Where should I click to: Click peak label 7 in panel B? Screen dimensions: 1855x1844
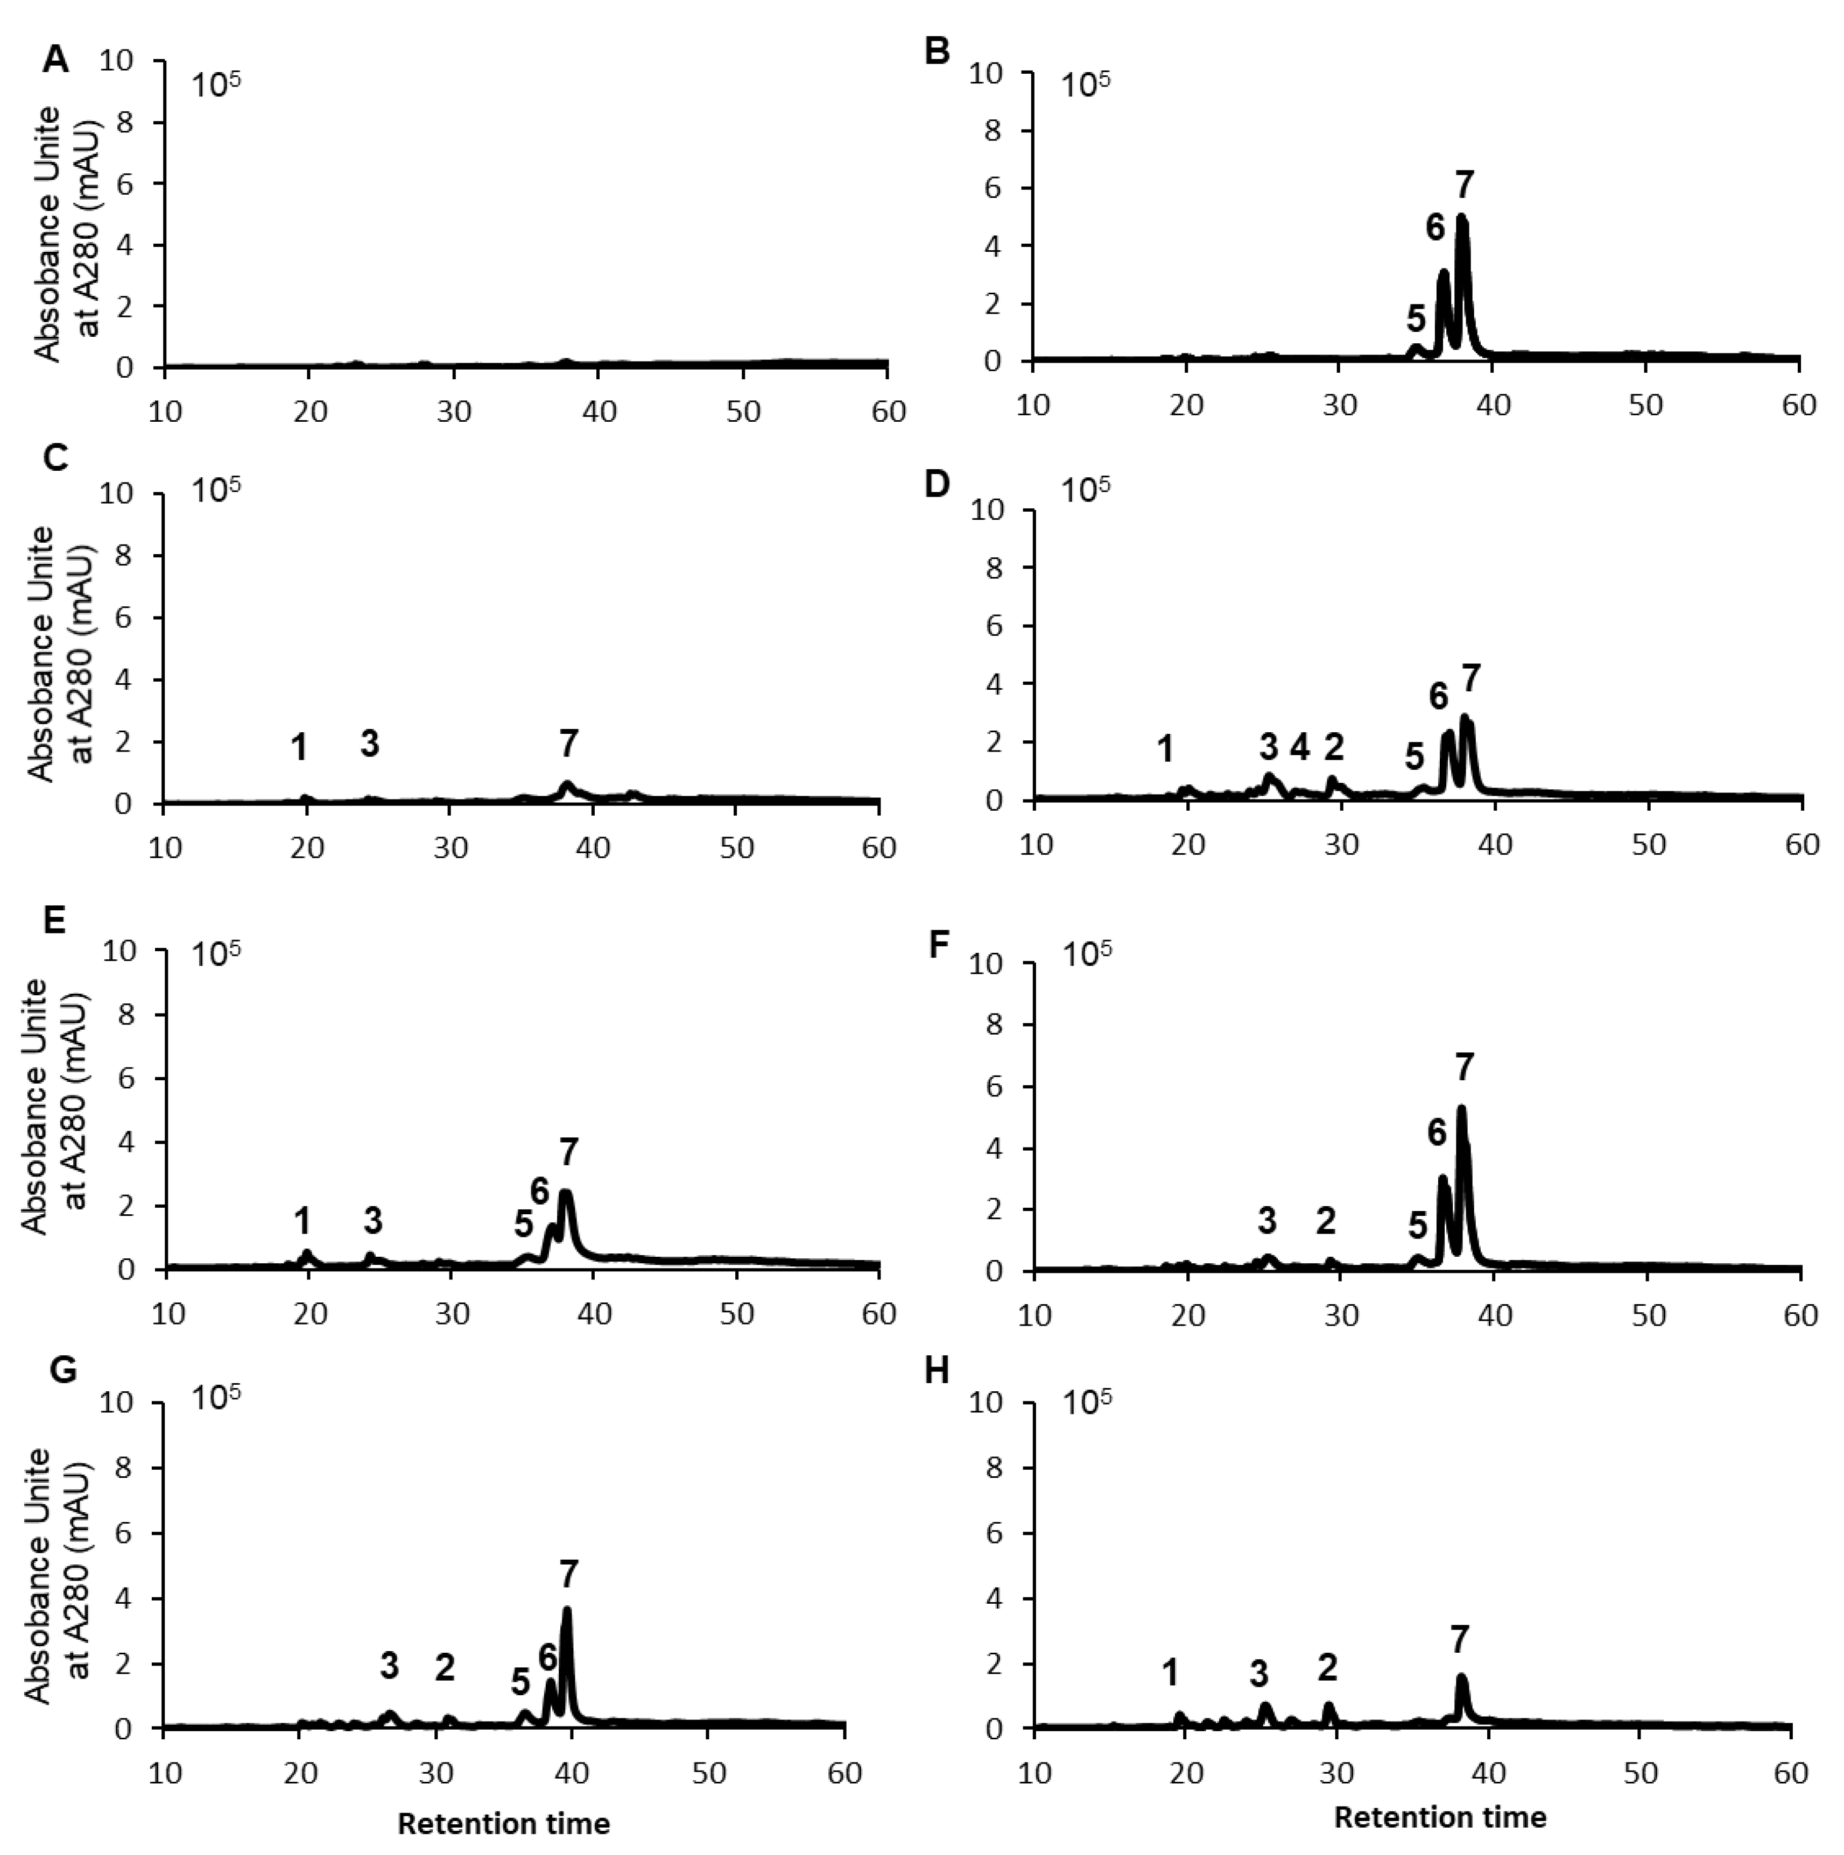pos(1463,185)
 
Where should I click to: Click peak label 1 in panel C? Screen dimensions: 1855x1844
pos(300,747)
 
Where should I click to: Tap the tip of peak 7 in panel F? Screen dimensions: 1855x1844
pos(1462,1109)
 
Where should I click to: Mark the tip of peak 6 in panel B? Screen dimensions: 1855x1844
pos(1442,274)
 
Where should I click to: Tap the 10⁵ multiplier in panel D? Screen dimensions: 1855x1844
pos(1085,490)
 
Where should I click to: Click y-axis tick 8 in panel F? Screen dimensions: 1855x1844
pos(999,1024)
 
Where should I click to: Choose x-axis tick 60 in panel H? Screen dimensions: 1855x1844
pos(1790,1773)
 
